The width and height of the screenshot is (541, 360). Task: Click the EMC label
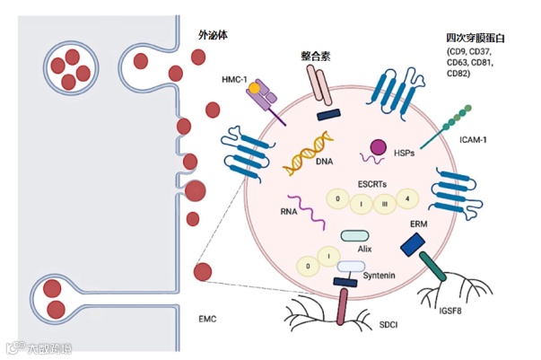[x=206, y=318]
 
